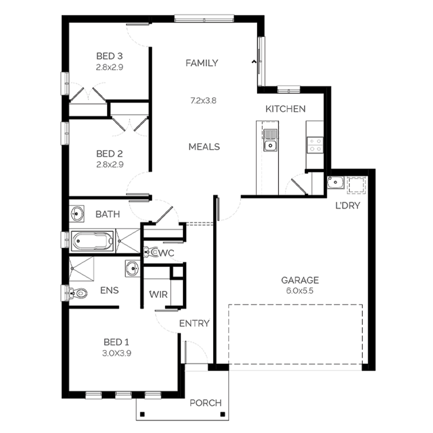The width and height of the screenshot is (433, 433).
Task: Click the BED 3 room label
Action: (109, 56)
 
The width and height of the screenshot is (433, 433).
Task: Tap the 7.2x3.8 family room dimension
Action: (203, 101)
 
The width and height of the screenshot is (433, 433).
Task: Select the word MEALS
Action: (204, 147)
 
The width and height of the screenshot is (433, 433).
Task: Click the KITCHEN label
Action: (285, 109)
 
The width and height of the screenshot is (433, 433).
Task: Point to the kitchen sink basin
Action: (270, 145)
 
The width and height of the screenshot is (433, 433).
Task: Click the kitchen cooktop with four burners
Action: (315, 145)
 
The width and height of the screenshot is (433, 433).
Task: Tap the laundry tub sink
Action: (335, 182)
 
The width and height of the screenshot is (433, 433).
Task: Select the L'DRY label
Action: (348, 206)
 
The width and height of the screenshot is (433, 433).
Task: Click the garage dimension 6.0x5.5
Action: (300, 291)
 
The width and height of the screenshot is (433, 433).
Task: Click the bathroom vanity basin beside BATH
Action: (77, 214)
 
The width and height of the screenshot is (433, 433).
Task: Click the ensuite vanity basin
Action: (132, 268)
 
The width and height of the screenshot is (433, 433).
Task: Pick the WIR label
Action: (158, 295)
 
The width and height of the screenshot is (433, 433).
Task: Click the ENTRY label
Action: (194, 323)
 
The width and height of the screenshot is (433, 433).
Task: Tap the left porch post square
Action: (142, 415)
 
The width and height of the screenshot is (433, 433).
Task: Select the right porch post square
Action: (222, 415)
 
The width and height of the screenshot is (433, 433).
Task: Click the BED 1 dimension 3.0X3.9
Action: (117, 353)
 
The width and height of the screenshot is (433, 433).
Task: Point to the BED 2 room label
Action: (110, 154)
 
